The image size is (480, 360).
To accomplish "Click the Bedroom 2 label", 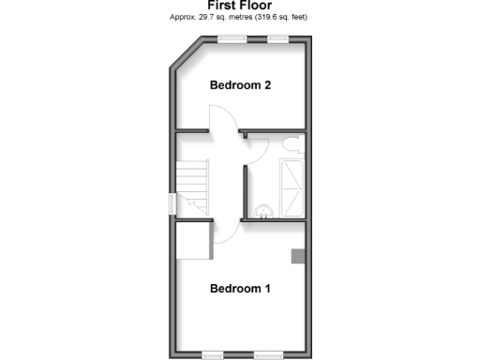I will (x=240, y=85).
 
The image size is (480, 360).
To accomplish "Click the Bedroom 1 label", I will (x=240, y=289).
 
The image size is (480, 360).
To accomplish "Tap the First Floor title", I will (x=239, y=5).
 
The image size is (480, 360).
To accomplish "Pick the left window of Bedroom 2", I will (x=232, y=38).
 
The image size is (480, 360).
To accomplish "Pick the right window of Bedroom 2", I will (x=277, y=38).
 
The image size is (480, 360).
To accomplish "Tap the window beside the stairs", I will (x=172, y=203).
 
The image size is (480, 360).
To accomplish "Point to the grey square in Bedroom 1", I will (x=297, y=256).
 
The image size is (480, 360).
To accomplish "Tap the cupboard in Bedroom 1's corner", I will (x=193, y=240).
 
